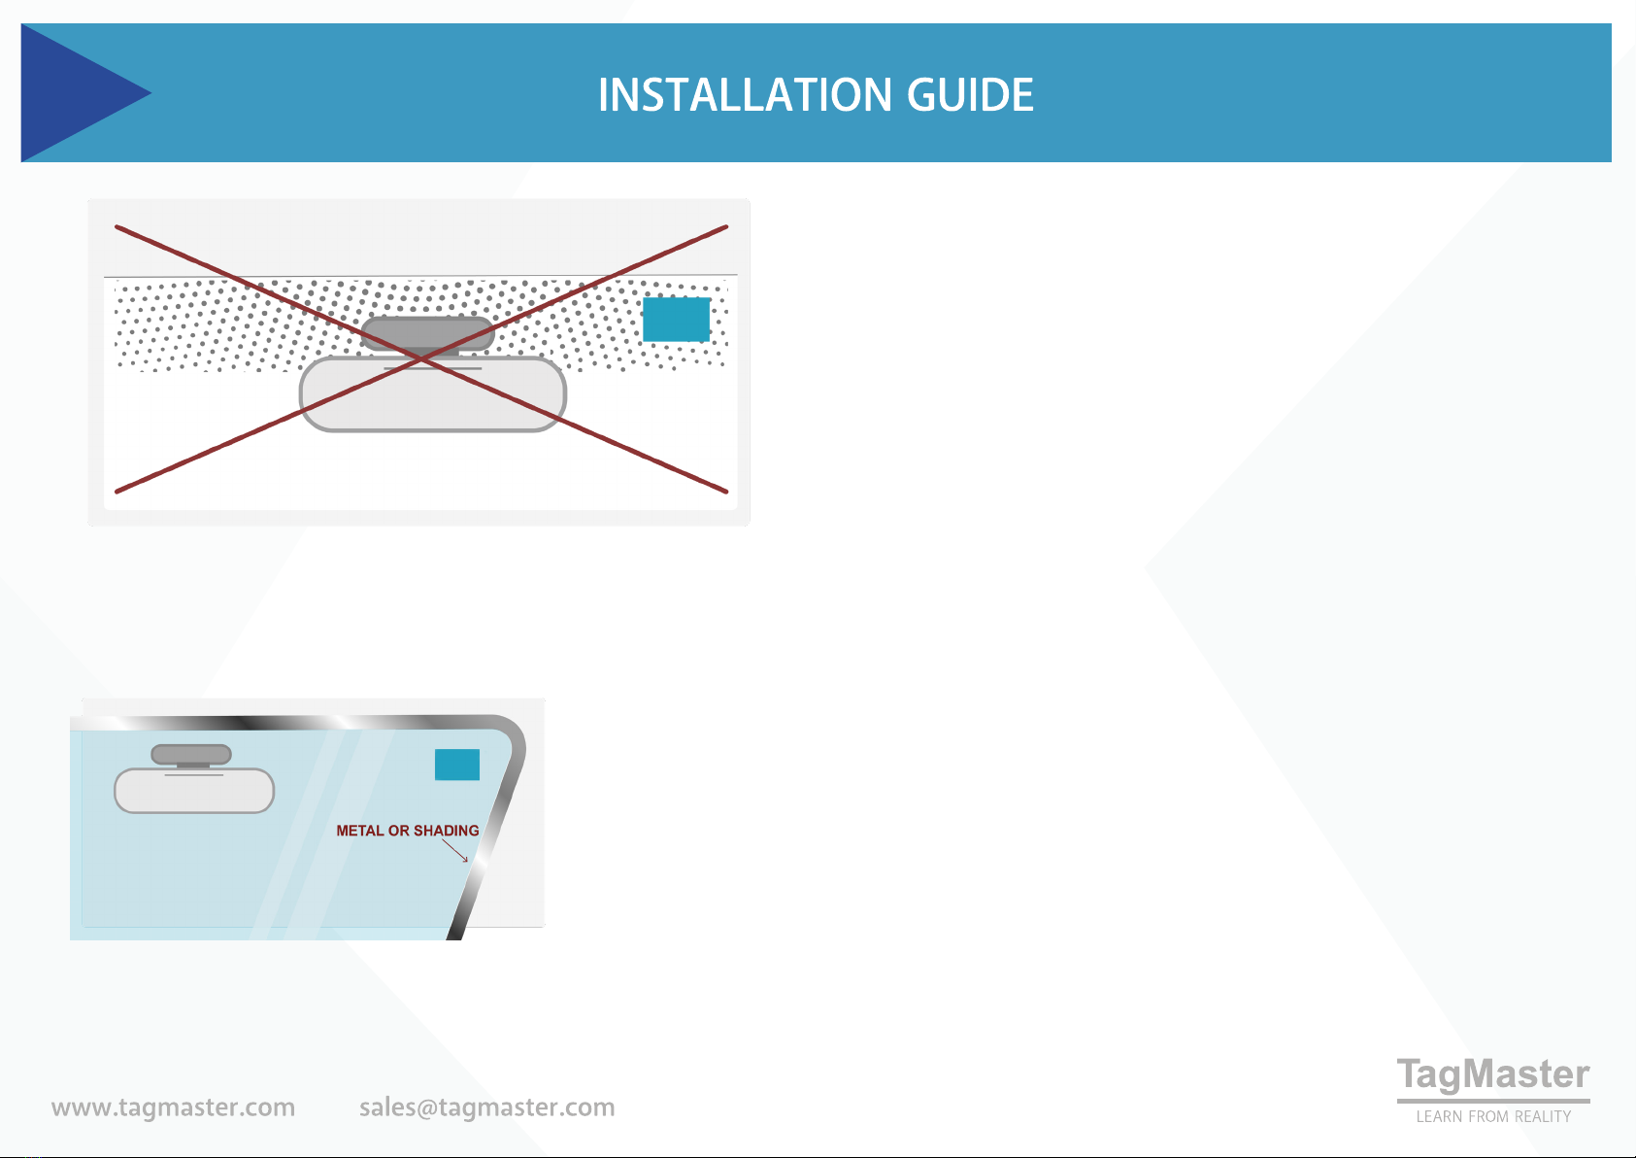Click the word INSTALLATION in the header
point(745,95)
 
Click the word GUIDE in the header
point(970,95)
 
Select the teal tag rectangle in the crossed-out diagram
point(677,320)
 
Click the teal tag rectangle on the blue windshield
point(457,765)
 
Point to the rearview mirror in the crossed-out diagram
point(433,394)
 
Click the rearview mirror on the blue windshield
point(194,791)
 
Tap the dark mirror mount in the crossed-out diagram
point(428,334)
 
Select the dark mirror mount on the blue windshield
point(191,755)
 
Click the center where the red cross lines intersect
point(421,359)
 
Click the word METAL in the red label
point(360,831)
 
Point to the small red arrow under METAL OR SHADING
point(454,850)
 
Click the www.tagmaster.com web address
point(173,1107)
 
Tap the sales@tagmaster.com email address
point(487,1107)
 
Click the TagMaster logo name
point(1493,1075)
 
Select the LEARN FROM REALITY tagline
point(1493,1116)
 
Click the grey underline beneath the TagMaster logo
point(1493,1101)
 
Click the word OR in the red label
point(399,831)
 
